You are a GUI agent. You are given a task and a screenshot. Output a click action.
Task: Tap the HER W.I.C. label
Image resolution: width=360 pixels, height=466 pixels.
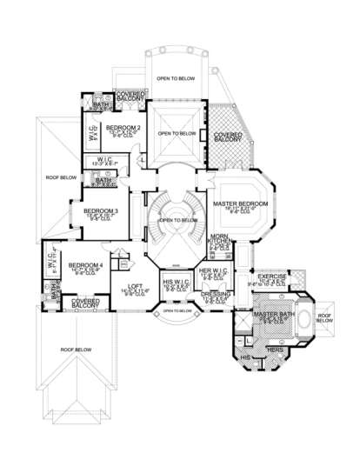coord(214,270)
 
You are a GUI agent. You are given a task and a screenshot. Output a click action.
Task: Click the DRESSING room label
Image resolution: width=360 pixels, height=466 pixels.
coord(215,294)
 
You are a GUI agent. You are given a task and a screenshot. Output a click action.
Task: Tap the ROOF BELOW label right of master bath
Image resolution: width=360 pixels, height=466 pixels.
coord(323,318)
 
